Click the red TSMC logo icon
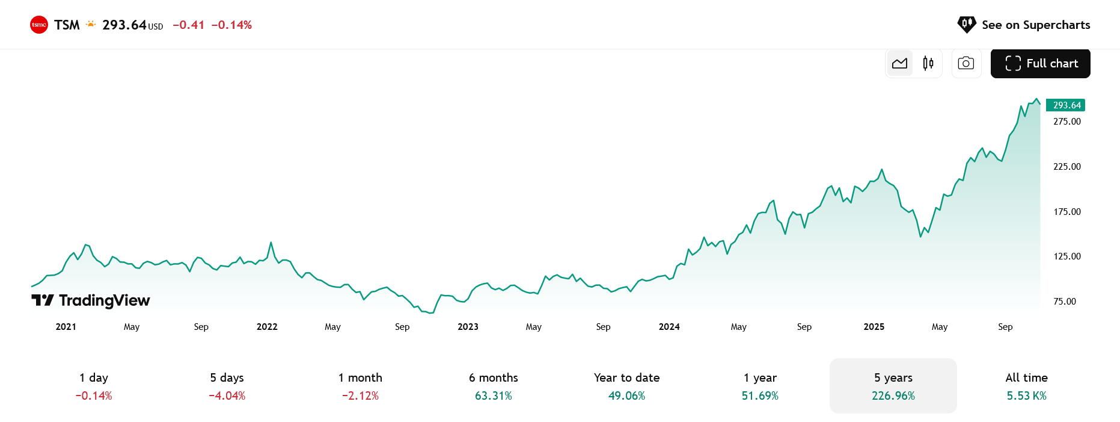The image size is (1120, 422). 39,25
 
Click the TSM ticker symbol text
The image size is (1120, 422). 67,25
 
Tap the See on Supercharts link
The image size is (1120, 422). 1023,25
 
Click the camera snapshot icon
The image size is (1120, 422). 966,63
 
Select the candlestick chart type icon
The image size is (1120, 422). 928,63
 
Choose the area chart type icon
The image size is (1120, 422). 900,63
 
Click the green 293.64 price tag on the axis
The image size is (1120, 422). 1065,105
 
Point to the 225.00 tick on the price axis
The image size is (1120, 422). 1067,167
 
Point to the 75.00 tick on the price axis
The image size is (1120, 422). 1065,302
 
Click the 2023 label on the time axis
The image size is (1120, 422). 468,327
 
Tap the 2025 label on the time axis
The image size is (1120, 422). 874,327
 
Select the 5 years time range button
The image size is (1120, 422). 893,386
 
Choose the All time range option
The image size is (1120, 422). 1026,386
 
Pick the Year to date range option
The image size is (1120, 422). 626,386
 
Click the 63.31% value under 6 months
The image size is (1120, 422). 494,396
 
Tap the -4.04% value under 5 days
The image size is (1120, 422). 227,396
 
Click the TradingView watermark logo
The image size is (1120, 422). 91,300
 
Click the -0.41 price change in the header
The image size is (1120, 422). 188,25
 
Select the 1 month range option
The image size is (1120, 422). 360,386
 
